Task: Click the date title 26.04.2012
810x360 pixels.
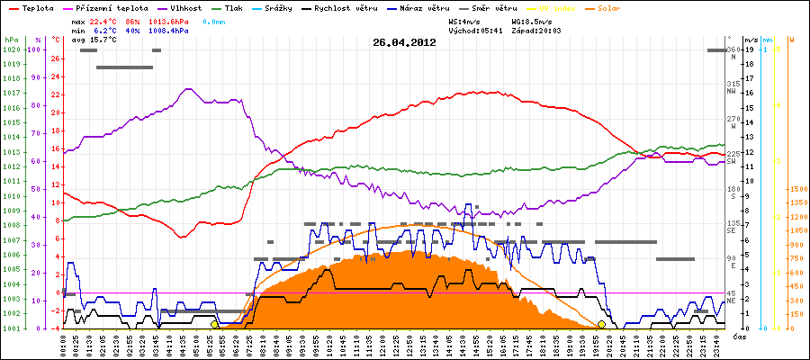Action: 404,42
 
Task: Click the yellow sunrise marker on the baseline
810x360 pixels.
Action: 214,325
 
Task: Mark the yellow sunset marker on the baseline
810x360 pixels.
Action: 601,325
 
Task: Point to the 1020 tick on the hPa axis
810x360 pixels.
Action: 11,50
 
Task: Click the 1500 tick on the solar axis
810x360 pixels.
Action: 796,190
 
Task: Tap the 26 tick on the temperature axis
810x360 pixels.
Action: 56,59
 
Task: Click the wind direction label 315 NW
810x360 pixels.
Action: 732,87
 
